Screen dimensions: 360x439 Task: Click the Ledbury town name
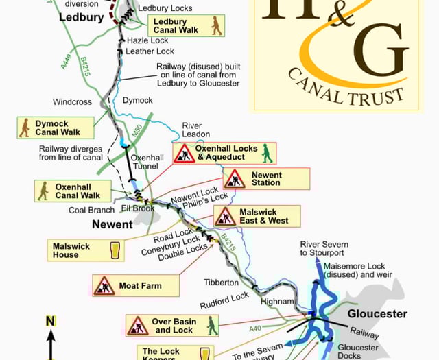pos(82,17)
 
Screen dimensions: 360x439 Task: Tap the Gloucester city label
pos(377,314)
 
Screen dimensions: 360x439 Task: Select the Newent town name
pos(112,224)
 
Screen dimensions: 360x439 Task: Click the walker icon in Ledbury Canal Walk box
pos(216,26)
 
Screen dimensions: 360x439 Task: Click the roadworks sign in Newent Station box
pos(235,179)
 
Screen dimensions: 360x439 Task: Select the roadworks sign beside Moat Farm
pos(104,285)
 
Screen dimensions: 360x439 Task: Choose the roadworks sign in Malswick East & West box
pos(225,217)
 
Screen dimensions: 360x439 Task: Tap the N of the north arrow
pos(50,321)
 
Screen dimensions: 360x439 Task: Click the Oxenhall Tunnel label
pos(147,163)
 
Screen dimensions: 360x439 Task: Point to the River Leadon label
pos(196,130)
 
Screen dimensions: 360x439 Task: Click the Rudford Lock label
pos(224,300)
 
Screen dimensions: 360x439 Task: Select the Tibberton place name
pos(221,282)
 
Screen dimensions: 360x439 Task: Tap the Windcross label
pos(72,102)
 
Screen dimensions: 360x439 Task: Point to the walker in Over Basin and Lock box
pos(213,325)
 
